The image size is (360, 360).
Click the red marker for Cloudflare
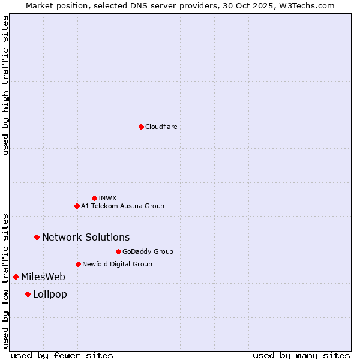pyautogui.click(x=141, y=127)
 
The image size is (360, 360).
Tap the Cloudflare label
pyautogui.click(x=161, y=127)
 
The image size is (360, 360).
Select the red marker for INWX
pyautogui.click(x=94, y=198)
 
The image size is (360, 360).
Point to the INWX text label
pyautogui.click(x=107, y=198)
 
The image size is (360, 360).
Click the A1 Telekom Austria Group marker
pyautogui.click(x=77, y=206)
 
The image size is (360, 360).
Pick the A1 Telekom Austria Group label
pyautogui.click(x=122, y=206)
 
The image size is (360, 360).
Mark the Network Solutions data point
pyautogui.click(x=37, y=237)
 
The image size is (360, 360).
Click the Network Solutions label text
pyautogui.click(x=86, y=237)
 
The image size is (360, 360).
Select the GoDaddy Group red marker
pyautogui.click(x=118, y=251)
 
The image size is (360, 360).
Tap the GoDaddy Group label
pyautogui.click(x=148, y=251)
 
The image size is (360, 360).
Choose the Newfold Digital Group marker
pyautogui.click(x=78, y=264)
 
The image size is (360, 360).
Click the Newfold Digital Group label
pyautogui.click(x=117, y=264)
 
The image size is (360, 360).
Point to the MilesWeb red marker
pyautogui.click(x=16, y=277)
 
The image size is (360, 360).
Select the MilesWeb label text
pyautogui.click(x=43, y=277)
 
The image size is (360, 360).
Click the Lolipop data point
pyautogui.click(x=28, y=294)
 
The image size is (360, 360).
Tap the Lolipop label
pyautogui.click(x=50, y=294)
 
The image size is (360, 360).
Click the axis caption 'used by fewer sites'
pyautogui.click(x=62, y=355)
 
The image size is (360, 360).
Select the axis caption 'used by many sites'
pyautogui.click(x=301, y=355)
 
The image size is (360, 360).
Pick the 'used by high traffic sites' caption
pyautogui.click(x=6, y=85)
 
